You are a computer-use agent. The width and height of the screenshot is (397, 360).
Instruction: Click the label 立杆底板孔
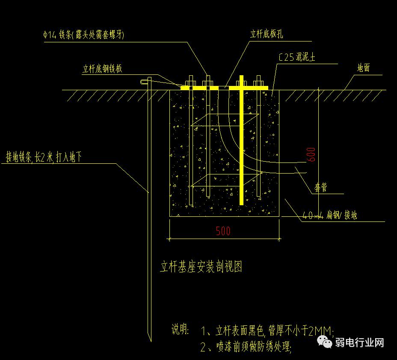pyautogui.click(x=267, y=35)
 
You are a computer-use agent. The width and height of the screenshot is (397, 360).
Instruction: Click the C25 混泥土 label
pyautogui.click(x=296, y=57)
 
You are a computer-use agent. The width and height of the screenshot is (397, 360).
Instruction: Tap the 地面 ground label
pyautogui.click(x=363, y=68)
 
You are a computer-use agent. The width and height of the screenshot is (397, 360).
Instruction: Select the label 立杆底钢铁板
pyautogui.click(x=102, y=69)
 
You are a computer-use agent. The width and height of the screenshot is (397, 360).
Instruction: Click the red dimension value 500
pyautogui.click(x=223, y=231)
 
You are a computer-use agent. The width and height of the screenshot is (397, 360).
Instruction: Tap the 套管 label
pyautogui.click(x=321, y=188)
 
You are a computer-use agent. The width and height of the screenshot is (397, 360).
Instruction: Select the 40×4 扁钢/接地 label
pyautogui.click(x=329, y=215)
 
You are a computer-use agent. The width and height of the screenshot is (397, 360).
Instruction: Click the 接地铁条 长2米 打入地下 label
pyautogui.click(x=43, y=157)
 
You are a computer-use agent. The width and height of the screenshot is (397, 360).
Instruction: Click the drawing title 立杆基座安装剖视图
pyautogui.click(x=201, y=267)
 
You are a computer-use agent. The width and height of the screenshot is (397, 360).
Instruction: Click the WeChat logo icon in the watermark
pyautogui.click(x=325, y=342)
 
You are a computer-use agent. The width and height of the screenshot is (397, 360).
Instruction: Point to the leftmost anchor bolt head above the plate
pyautogui.click(x=191, y=81)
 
